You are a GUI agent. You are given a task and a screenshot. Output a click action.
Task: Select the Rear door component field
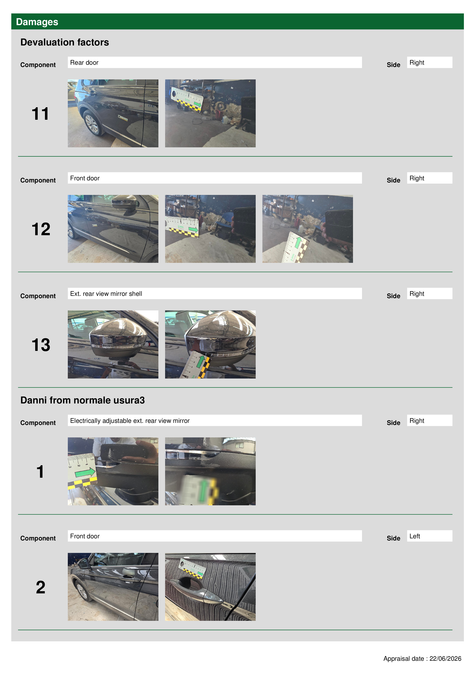(215, 62)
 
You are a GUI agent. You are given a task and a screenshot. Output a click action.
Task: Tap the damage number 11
(40, 114)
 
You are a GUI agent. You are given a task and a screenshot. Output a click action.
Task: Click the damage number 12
(41, 229)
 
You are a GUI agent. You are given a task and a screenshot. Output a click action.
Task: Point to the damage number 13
(41, 345)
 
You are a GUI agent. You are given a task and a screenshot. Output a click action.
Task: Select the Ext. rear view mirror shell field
(215, 293)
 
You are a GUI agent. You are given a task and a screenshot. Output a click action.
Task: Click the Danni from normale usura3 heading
(83, 400)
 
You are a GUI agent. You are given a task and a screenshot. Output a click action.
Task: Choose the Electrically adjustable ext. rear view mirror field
(215, 420)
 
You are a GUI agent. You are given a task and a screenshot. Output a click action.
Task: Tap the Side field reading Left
(429, 536)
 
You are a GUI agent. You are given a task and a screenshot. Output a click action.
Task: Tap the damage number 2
(41, 587)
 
